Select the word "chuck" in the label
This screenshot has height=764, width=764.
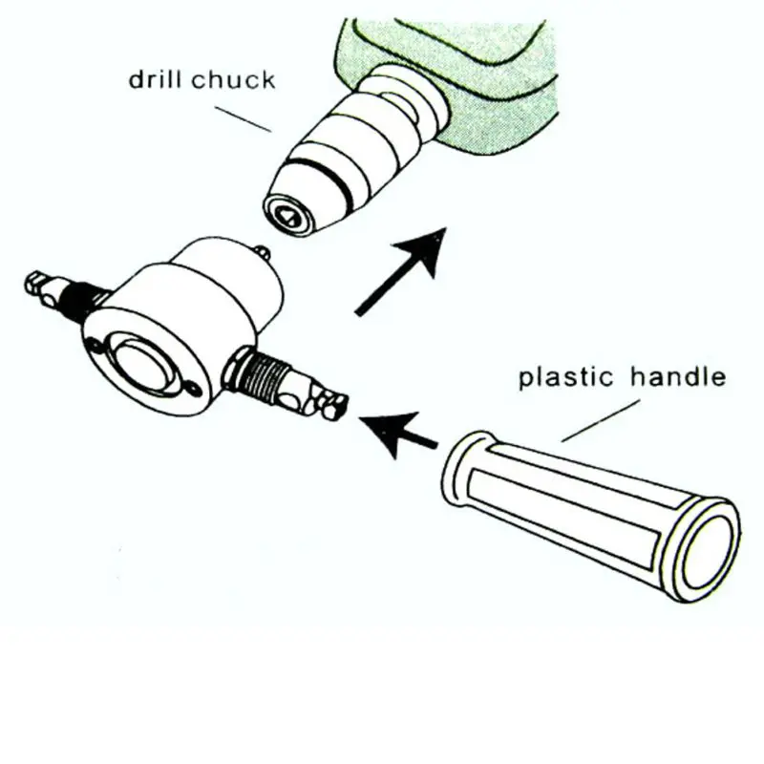coord(231,78)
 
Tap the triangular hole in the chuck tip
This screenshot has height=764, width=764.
coord(285,217)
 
